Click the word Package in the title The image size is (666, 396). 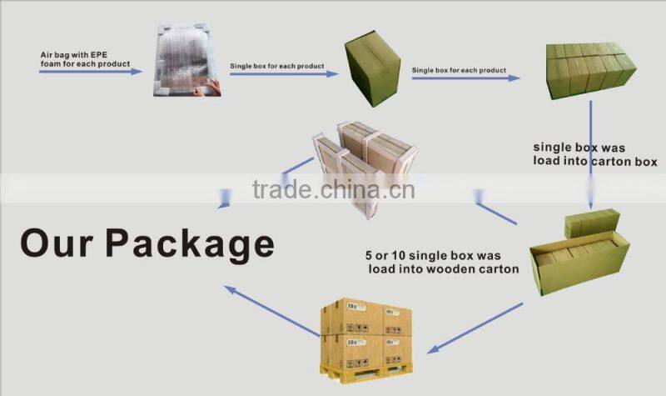[x=191, y=243]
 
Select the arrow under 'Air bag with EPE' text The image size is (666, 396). [x=91, y=73]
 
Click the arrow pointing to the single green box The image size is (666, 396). [x=284, y=74]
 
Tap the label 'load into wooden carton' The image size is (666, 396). [x=444, y=269]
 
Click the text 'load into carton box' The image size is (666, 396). [x=595, y=161]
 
